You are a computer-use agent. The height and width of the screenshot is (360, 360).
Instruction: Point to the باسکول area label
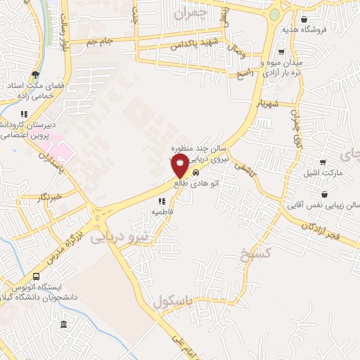(x=172, y=301)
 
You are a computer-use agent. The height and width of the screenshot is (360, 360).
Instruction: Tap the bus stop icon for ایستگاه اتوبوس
(x=36, y=277)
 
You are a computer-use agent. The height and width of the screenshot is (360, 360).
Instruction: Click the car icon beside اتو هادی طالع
(x=196, y=172)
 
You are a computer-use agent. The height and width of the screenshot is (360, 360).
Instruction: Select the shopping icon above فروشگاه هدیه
(x=303, y=20)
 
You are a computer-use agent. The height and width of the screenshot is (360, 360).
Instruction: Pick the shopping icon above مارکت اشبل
(x=323, y=162)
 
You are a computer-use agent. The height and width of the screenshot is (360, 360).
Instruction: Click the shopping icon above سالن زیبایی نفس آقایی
(x=324, y=194)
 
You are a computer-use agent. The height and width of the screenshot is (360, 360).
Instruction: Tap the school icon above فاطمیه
(x=161, y=201)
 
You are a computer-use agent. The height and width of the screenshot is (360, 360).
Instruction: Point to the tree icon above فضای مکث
(x=35, y=75)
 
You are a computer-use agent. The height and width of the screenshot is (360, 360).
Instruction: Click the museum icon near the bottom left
(x=64, y=324)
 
